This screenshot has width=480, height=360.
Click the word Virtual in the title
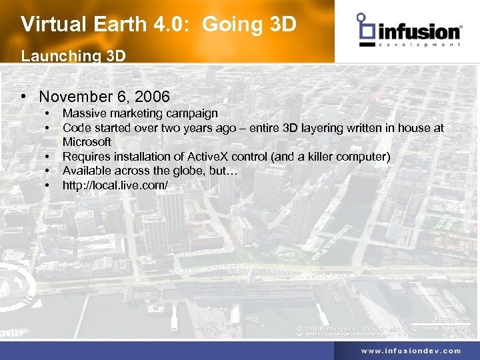[x=47, y=25]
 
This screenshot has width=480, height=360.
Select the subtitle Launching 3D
[x=73, y=56]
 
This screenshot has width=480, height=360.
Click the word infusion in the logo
[x=419, y=31]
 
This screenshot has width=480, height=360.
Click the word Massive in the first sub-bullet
[x=83, y=113]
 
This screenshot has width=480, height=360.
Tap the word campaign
[x=194, y=113]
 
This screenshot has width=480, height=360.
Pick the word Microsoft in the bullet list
[x=87, y=142]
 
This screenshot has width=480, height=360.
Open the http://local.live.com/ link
[x=115, y=185]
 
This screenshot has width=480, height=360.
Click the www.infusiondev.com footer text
[x=411, y=350]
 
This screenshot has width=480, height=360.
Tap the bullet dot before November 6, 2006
[x=24, y=97]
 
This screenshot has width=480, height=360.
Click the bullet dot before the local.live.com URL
[x=49, y=185]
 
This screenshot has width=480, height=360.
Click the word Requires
[x=85, y=157]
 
